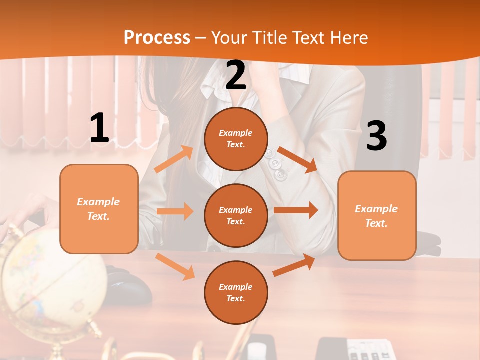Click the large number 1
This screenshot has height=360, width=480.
pos(99,128)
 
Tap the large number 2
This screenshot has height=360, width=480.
pos(236,75)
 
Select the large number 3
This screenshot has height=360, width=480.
pos(376,136)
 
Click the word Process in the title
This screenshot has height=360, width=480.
pos(157,37)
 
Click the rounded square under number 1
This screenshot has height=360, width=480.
pos(99,209)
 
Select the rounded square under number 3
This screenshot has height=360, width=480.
pos(377,215)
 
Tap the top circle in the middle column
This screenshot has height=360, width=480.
pos(236,139)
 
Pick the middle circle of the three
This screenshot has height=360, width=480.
pos(236,215)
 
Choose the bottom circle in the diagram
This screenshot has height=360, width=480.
pos(236,292)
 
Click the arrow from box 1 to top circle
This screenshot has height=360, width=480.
pos(174,159)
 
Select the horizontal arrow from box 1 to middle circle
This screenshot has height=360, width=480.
pos(175,211)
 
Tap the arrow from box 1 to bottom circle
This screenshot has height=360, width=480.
pos(175,266)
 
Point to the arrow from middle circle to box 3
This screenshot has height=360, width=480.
pos(296,210)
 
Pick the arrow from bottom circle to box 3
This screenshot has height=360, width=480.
pos(294,265)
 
